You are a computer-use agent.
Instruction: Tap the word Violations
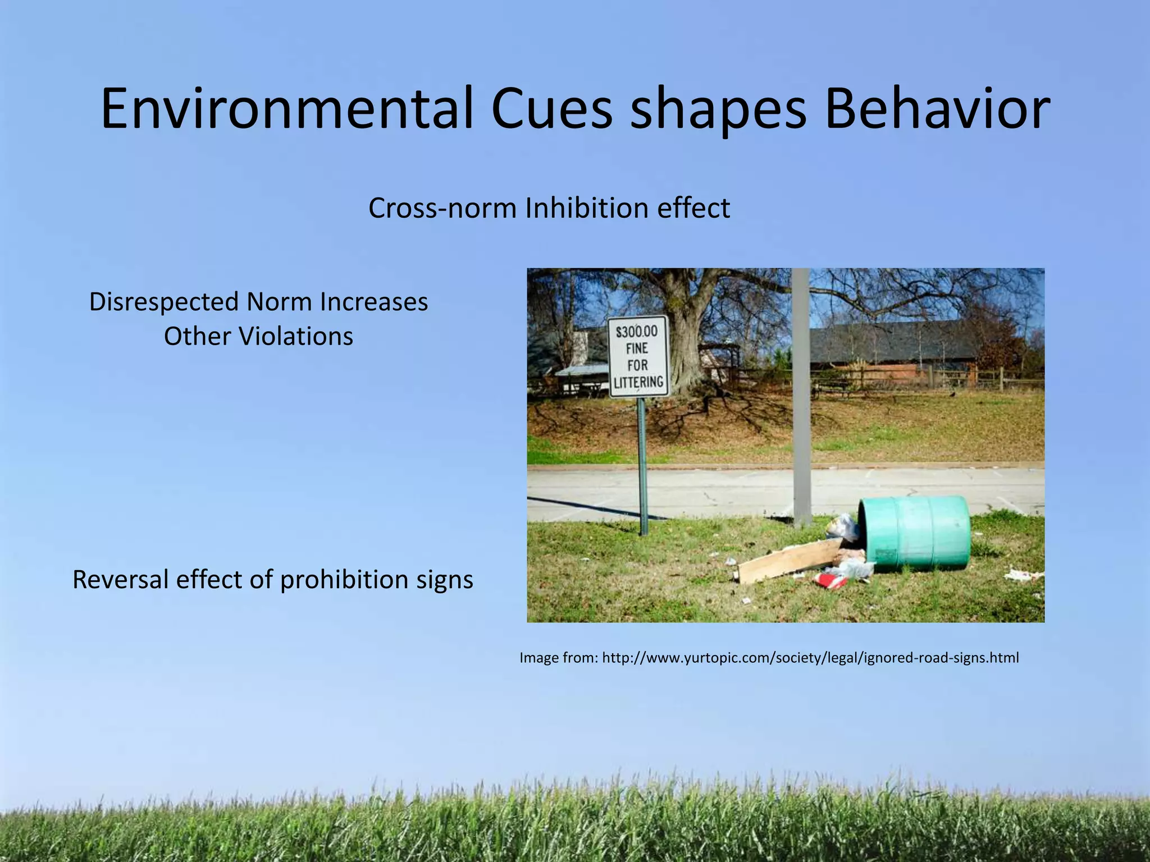(x=296, y=337)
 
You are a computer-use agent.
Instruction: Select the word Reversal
(x=120, y=580)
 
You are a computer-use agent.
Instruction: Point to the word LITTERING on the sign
(x=638, y=382)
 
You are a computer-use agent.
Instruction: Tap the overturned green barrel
(x=915, y=531)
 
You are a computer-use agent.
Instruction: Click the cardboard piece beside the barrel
(x=788, y=561)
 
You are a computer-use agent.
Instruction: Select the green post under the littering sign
(x=642, y=466)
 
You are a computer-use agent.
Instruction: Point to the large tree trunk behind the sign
(x=687, y=342)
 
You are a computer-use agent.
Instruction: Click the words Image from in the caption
(x=558, y=658)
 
